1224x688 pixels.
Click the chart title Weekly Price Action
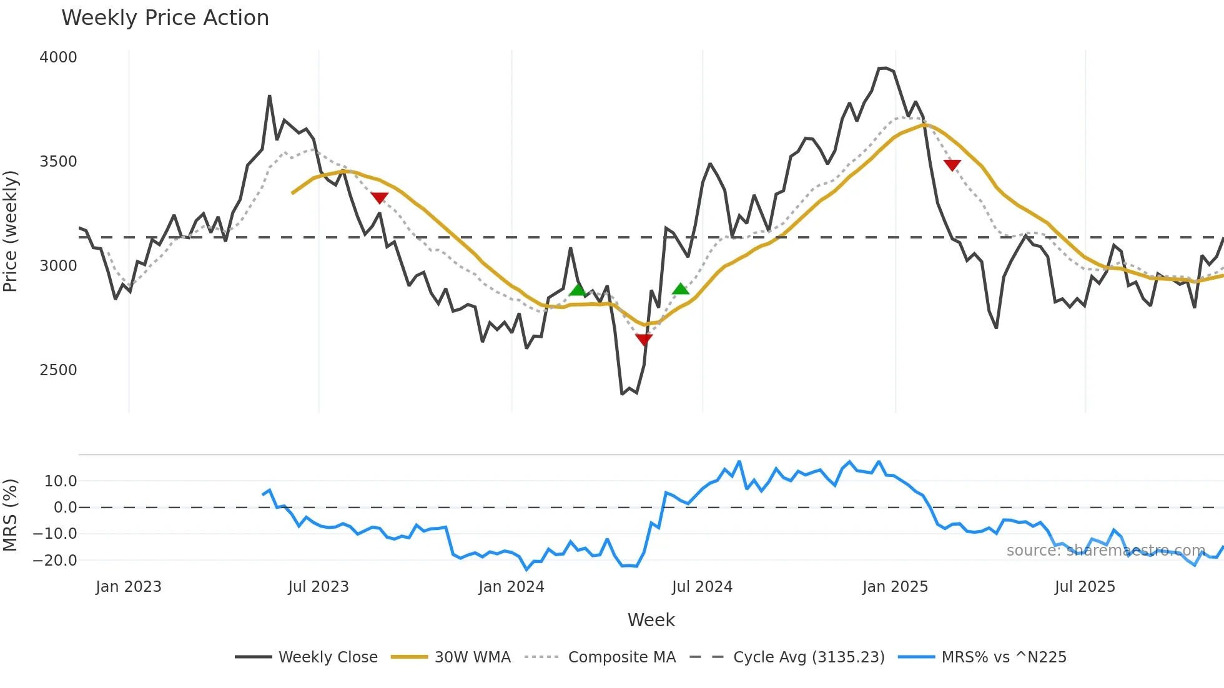tap(165, 18)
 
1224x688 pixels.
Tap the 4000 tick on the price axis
tap(58, 57)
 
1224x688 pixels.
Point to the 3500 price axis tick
tap(58, 162)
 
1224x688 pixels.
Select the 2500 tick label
tap(58, 370)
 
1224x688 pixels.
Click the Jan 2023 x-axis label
tap(129, 587)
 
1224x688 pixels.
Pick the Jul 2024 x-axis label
tap(702, 587)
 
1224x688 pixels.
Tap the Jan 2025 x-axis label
tap(895, 587)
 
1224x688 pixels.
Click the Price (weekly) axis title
tap(11, 231)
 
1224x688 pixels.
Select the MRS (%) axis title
tap(11, 515)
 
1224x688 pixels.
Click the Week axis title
tap(651, 620)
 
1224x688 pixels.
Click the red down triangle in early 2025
tap(952, 165)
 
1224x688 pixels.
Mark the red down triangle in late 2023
tap(379, 198)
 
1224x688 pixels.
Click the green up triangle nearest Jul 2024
tap(681, 288)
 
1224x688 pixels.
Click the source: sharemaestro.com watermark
tap(1105, 551)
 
